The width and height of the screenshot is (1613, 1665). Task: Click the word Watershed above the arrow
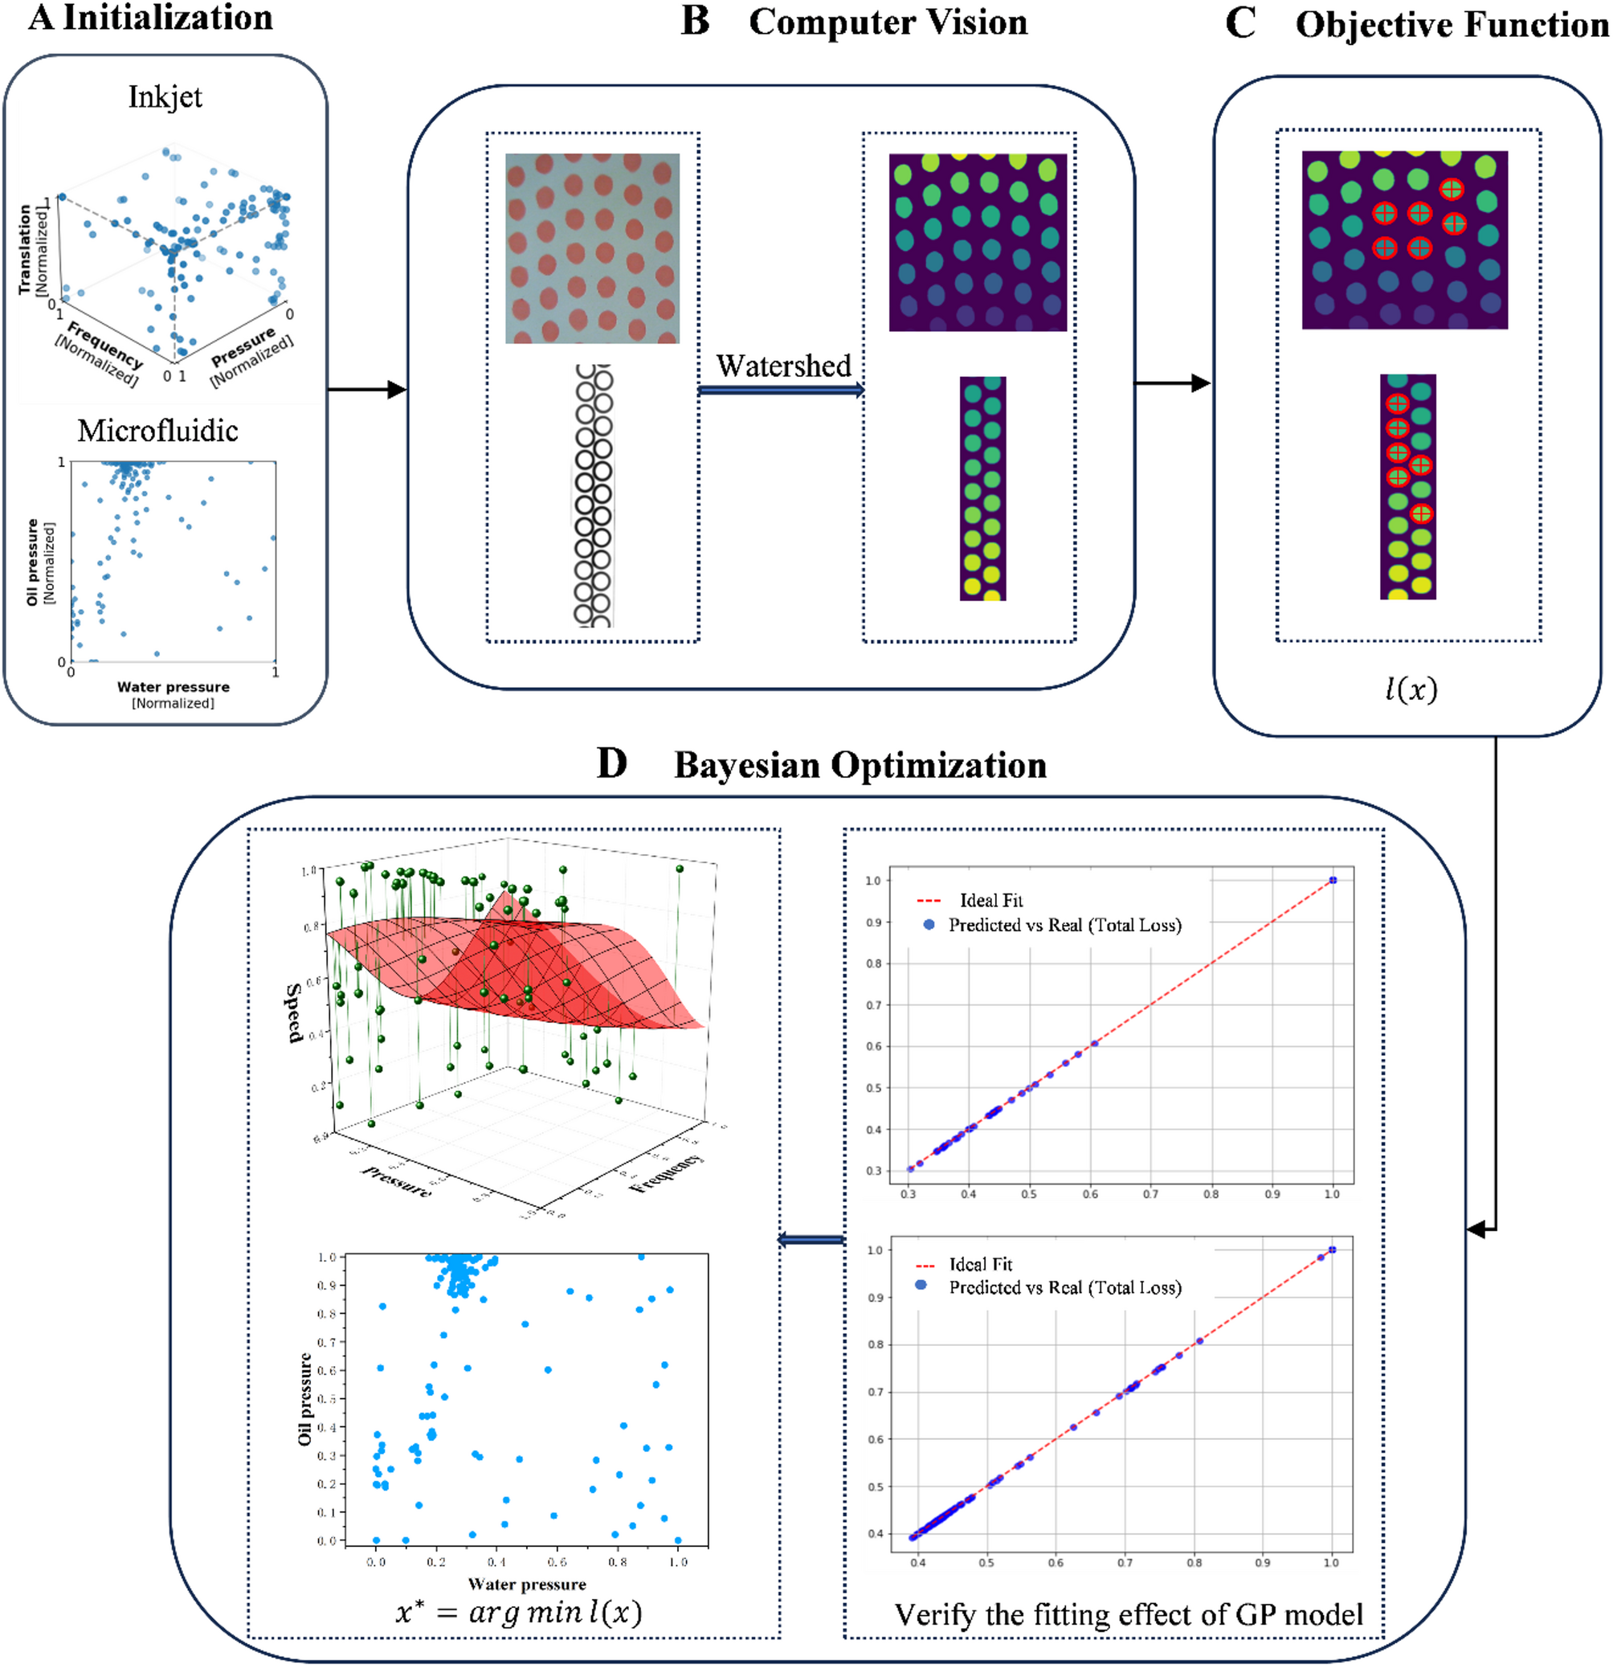click(x=782, y=366)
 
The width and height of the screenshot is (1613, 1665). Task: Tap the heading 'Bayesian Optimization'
click(x=860, y=765)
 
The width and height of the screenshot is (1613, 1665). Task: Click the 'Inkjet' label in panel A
click(x=165, y=97)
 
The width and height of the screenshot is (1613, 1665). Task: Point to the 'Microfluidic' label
click(x=158, y=431)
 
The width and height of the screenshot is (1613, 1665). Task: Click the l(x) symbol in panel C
click(x=1411, y=688)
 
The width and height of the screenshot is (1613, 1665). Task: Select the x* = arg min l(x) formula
click(x=518, y=1611)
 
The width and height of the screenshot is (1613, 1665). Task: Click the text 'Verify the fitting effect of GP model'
click(x=1128, y=1614)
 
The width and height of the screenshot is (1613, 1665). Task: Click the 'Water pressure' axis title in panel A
click(x=174, y=687)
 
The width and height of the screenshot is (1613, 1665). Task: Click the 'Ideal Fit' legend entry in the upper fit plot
click(x=990, y=901)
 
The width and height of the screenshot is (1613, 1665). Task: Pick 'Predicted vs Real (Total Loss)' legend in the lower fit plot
click(x=1064, y=1288)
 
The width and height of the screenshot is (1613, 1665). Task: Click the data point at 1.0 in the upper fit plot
click(x=1333, y=880)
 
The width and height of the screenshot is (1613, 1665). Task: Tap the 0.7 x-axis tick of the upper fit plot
click(x=1151, y=1193)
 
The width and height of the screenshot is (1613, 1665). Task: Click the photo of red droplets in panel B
click(x=592, y=248)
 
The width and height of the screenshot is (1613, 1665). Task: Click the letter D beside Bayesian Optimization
click(x=611, y=763)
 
